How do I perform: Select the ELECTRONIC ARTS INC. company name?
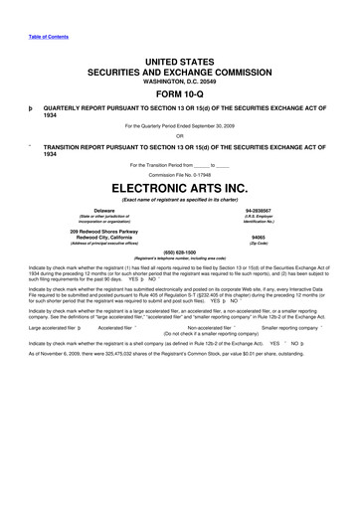pos(180,185)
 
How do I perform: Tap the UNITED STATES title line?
pos(180,62)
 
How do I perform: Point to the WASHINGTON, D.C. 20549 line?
pos(180,81)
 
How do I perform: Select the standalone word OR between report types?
pos(180,137)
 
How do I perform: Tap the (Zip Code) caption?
pos(258,246)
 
